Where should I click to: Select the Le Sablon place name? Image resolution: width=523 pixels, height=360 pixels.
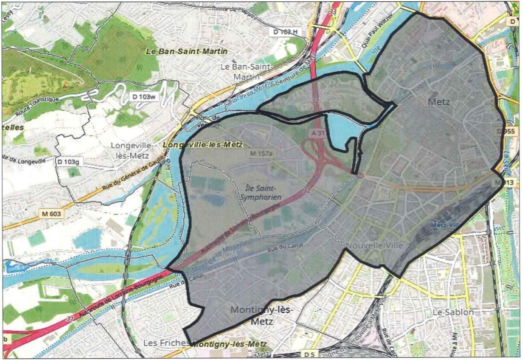tap(453, 312)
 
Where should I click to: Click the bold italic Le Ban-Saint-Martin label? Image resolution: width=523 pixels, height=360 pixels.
tap(187, 51)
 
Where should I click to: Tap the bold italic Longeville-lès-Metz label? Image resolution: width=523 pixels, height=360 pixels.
tap(203, 145)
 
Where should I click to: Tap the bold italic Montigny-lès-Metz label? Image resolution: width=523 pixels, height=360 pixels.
tap(229, 344)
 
